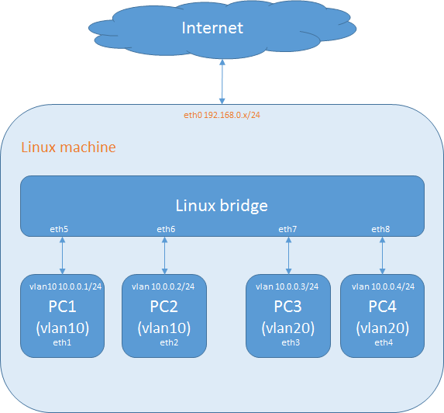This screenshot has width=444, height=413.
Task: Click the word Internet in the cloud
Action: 212,28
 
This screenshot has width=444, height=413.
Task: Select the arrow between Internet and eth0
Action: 222,82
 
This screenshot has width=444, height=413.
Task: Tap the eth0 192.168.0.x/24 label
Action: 222,115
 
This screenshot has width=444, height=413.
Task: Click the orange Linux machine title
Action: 68,147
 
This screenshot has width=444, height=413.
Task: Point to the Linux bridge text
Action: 222,206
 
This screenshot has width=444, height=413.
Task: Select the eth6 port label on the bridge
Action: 165,229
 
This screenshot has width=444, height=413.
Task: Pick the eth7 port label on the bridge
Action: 288,229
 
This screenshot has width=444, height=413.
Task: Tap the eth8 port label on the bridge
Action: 381,229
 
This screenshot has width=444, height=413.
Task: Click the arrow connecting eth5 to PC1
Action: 62,255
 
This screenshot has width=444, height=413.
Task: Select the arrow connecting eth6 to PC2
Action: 165,255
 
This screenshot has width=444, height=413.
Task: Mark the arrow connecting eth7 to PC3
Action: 288,255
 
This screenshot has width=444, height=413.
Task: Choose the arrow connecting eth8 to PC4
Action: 382,255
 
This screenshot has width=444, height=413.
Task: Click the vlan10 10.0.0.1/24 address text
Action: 62,286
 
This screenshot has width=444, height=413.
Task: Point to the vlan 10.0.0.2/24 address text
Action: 163,286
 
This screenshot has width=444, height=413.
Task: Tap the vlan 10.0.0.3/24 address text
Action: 289,286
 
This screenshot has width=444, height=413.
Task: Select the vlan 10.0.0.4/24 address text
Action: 383,286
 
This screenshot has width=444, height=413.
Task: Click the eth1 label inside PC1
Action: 62,342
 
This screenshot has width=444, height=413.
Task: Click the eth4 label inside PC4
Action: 383,342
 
